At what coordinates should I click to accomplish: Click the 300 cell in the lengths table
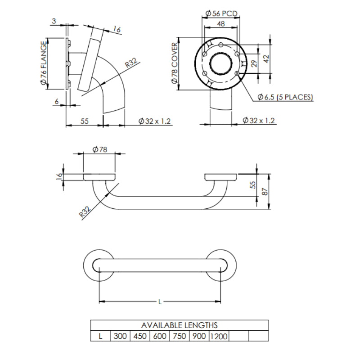(x=120, y=336)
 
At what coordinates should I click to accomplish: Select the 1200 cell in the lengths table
(x=219, y=336)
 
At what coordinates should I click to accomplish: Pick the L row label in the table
(x=100, y=336)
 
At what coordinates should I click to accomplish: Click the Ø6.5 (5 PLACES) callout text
(x=285, y=97)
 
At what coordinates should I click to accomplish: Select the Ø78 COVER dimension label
(x=175, y=63)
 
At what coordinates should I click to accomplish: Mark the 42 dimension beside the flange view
(x=266, y=57)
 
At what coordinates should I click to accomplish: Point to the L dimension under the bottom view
(x=160, y=302)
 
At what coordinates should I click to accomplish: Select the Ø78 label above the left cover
(x=99, y=150)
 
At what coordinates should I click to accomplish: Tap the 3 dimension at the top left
(x=54, y=21)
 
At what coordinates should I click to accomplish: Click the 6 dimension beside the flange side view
(x=56, y=102)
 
